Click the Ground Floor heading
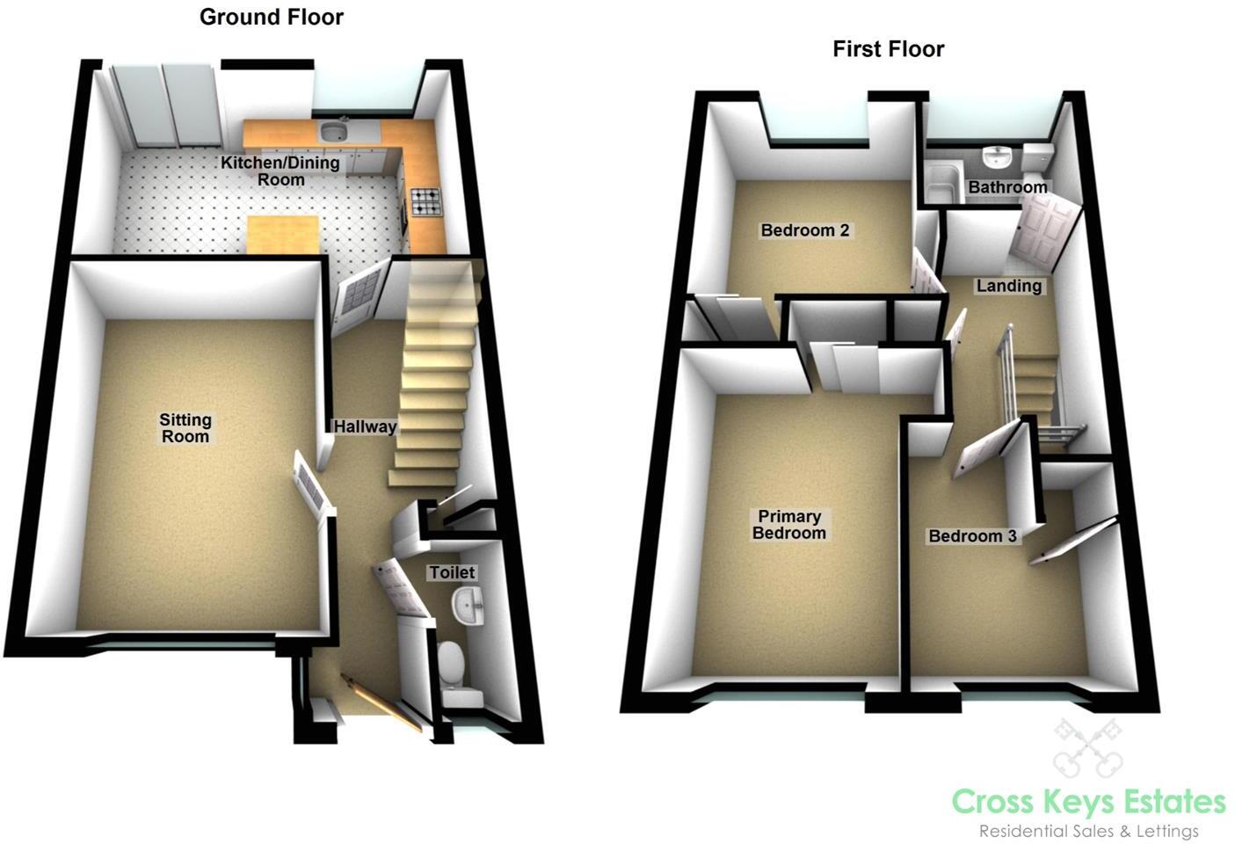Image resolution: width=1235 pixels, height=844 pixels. point(271,17)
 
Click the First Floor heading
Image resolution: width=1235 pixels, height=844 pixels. point(888,49)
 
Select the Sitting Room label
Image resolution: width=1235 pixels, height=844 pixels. point(185,428)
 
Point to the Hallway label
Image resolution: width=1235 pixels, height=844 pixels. point(365,427)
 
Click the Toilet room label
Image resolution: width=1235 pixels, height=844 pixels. point(452,572)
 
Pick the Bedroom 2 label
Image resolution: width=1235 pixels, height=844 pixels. point(804,230)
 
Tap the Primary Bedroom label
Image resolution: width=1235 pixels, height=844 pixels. point(788,525)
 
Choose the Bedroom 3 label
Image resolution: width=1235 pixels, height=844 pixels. point(972,536)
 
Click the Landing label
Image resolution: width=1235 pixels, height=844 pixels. point(1008,286)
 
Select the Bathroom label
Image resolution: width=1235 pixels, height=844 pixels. point(1007,187)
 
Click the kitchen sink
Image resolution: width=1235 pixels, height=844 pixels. point(333,133)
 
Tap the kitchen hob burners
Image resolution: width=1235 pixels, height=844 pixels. point(426,202)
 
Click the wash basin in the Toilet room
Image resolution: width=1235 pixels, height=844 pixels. point(467,605)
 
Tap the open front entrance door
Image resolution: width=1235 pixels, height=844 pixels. point(382,702)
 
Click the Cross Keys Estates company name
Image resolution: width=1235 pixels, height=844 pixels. point(1088,802)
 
